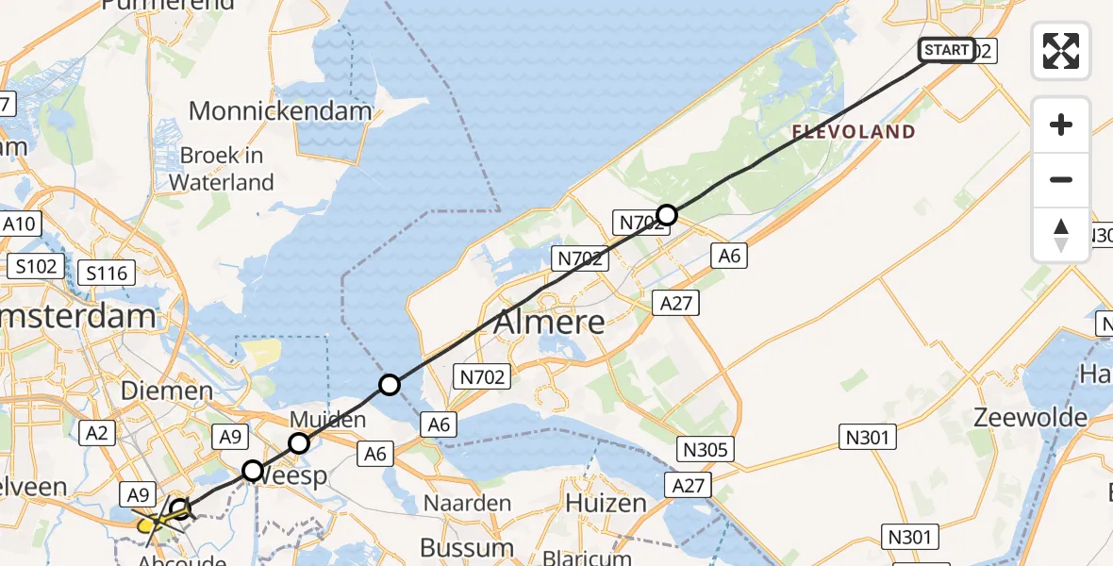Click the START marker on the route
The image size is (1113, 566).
point(946,50)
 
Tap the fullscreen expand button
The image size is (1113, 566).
point(1061,51)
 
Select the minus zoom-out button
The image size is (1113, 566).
point(1061,179)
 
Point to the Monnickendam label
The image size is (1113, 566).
point(280,110)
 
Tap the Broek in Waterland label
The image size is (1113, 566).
point(226,168)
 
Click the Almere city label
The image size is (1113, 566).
point(550,323)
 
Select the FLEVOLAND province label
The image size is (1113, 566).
point(854,132)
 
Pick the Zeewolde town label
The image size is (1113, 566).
point(1030,417)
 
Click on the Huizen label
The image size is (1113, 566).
point(606,503)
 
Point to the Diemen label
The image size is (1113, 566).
point(167,390)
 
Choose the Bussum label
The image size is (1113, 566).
point(467,547)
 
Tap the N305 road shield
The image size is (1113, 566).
point(705,449)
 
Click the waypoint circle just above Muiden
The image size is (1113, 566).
point(298,442)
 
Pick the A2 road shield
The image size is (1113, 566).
point(98,433)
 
